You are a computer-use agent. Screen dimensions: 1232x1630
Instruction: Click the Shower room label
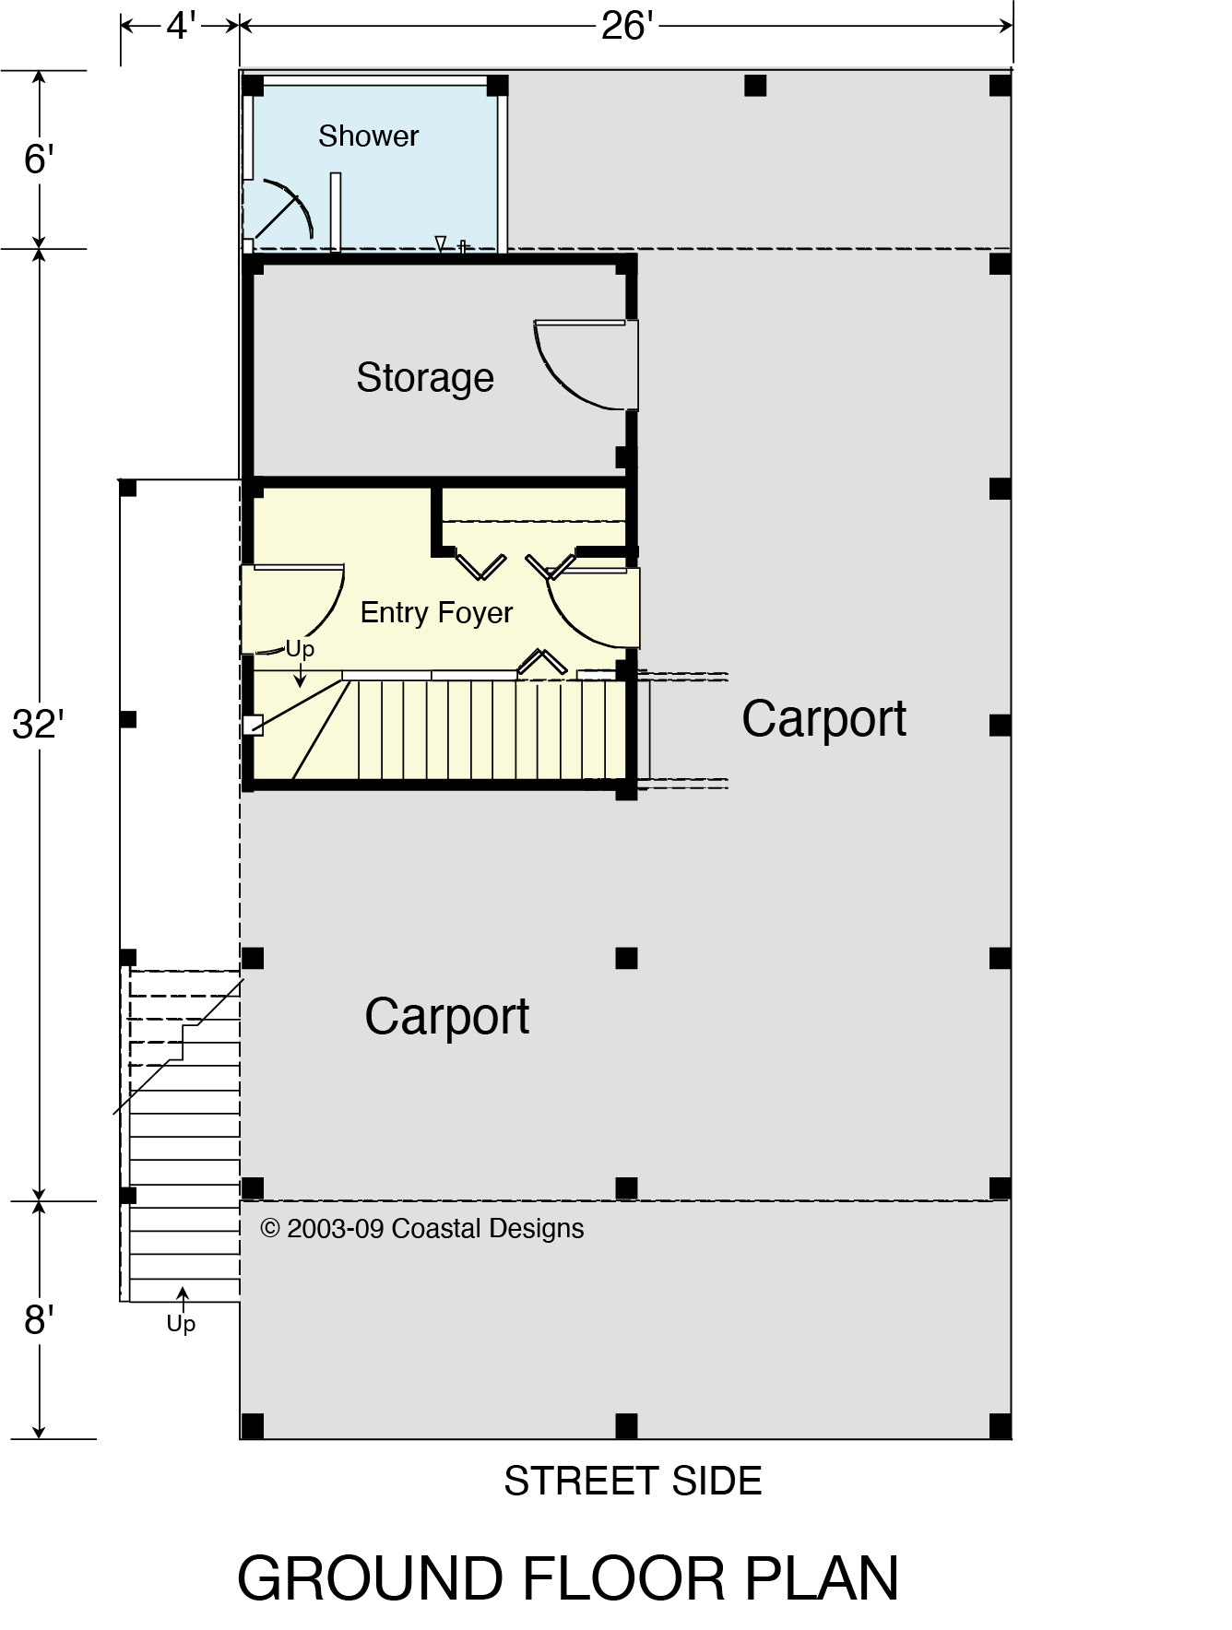tap(368, 136)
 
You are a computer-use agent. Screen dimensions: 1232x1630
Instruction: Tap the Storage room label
tap(425, 378)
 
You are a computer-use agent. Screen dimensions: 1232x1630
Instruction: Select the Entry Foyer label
tap(436, 613)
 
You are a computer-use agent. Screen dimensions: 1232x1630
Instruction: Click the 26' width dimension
tap(627, 27)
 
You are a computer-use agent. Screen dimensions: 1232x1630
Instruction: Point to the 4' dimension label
tap(181, 27)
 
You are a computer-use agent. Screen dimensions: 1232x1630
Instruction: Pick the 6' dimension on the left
tap(39, 159)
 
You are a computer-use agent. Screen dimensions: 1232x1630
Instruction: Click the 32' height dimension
tap(37, 726)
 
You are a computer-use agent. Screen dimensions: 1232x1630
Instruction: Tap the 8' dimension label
tap(39, 1320)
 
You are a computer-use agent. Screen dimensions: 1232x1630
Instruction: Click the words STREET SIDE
tap(633, 1482)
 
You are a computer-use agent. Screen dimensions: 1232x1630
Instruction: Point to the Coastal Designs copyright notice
tap(422, 1229)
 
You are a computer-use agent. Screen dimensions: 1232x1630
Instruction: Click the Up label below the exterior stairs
tap(181, 1324)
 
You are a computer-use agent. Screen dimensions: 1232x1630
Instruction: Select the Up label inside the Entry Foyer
tap(300, 649)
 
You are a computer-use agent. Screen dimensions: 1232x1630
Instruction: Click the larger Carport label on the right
tap(823, 719)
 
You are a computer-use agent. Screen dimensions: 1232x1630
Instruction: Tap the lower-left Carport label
tap(446, 1017)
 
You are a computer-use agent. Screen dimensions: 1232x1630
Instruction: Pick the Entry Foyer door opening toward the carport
tap(590, 604)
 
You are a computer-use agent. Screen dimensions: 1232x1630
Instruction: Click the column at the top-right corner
tap(1001, 86)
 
